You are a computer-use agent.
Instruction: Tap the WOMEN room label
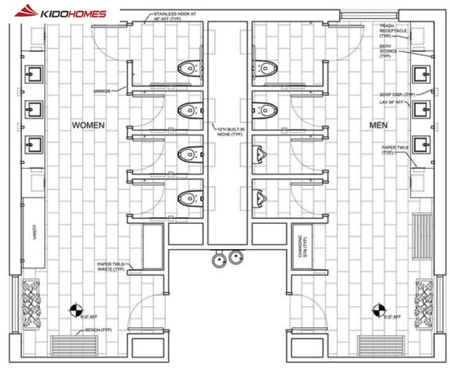[x=88, y=125]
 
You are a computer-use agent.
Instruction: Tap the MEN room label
[x=378, y=125]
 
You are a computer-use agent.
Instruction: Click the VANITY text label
[x=34, y=231]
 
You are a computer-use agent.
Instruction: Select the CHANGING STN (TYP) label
[x=303, y=245]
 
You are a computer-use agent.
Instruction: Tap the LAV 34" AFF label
[x=396, y=102]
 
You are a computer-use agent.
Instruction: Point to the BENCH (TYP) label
[x=99, y=330]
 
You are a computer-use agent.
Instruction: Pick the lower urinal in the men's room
[x=259, y=197]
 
